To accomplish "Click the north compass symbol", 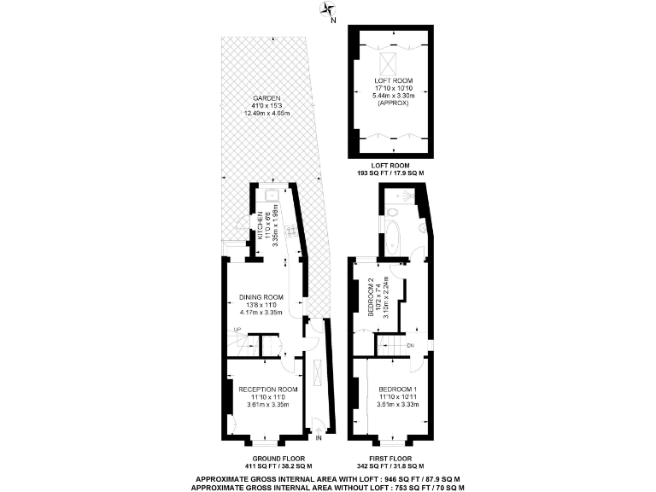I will pyautogui.click(x=328, y=10).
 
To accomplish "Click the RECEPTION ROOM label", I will pyautogui.click(x=268, y=389).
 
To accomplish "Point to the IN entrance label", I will pyautogui.click(x=319, y=438).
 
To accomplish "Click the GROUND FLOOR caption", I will pyautogui.click(x=266, y=458).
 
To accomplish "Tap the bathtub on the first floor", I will pyautogui.click(x=393, y=239).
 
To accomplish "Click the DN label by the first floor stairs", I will pyautogui.click(x=410, y=345).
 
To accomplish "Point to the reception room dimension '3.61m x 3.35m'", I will pyautogui.click(x=268, y=404).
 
